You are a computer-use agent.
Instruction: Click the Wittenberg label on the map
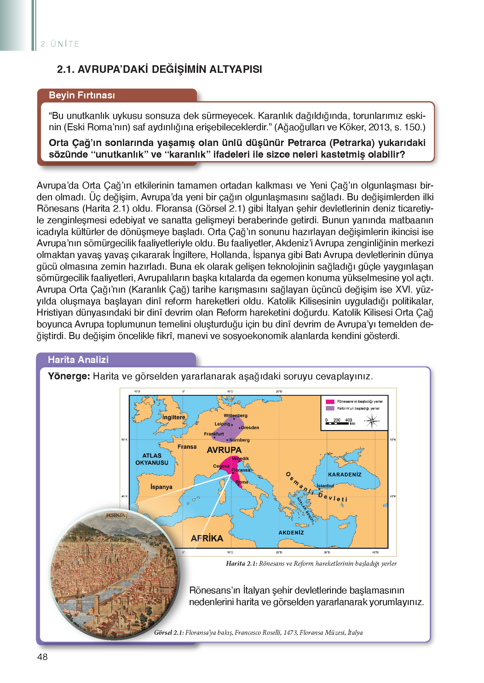click(235, 416)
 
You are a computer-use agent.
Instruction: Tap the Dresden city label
click(250, 428)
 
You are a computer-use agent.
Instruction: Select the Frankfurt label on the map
click(214, 434)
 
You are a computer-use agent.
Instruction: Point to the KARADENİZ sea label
click(345, 475)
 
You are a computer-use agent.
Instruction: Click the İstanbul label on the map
click(325, 486)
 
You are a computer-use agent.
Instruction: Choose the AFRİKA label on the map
click(207, 538)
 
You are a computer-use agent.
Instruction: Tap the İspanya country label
click(161, 487)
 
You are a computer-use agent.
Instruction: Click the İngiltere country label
click(174, 417)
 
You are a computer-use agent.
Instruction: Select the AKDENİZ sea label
click(291, 533)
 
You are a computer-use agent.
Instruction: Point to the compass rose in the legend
click(372, 421)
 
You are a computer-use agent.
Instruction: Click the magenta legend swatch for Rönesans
click(330, 401)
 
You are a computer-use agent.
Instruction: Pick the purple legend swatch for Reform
click(330, 408)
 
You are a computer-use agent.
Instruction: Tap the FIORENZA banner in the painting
click(116, 515)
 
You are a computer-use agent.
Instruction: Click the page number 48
click(43, 657)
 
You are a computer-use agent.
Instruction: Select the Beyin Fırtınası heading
click(82, 95)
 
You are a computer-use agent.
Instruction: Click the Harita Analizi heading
click(78, 360)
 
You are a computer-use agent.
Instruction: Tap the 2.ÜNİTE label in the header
click(60, 44)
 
